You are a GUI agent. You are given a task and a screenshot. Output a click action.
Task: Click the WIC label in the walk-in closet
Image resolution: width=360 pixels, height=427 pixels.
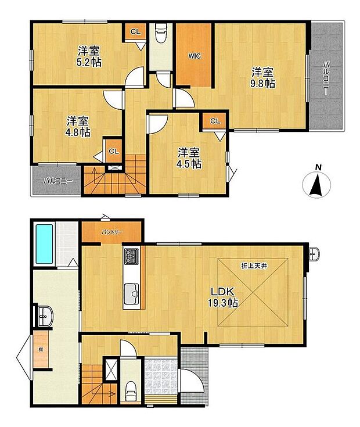click(x=195, y=56)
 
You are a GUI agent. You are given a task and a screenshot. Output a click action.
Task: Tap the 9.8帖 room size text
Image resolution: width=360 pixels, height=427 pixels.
click(x=262, y=83)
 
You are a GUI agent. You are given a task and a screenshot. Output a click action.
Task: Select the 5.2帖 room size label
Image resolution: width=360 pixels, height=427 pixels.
click(x=89, y=62)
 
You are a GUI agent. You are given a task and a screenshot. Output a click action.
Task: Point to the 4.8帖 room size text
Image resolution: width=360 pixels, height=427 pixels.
click(x=78, y=132)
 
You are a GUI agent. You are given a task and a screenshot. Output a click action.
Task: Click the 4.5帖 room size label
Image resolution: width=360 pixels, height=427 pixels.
click(x=190, y=164)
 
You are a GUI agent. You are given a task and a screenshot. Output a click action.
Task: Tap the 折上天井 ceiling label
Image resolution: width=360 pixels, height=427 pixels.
click(x=253, y=266)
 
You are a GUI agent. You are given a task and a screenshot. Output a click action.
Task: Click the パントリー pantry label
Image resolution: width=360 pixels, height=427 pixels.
click(x=111, y=232)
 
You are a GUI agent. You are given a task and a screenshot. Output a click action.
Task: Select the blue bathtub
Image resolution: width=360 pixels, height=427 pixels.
click(x=44, y=244)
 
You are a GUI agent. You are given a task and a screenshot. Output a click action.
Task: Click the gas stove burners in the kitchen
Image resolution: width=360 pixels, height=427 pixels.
click(x=132, y=256)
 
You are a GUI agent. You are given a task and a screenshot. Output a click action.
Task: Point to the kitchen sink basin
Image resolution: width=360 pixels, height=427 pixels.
click(x=132, y=294)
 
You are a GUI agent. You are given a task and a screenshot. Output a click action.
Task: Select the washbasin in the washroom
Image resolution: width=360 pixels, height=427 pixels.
click(x=45, y=316)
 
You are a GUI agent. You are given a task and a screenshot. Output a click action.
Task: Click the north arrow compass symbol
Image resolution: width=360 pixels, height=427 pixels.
click(x=316, y=183)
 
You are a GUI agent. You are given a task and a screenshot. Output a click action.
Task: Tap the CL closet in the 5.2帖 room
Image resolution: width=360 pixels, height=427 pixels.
click(x=135, y=32)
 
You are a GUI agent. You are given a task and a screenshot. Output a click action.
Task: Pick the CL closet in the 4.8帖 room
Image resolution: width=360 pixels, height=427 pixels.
click(x=114, y=151)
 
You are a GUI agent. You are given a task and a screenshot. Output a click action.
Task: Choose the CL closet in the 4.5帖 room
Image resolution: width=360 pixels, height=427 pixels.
click(x=215, y=121)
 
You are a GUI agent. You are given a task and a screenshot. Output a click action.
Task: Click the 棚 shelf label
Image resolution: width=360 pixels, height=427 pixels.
click(x=41, y=350)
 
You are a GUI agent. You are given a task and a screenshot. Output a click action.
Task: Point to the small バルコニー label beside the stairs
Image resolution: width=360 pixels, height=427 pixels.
click(x=57, y=181)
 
